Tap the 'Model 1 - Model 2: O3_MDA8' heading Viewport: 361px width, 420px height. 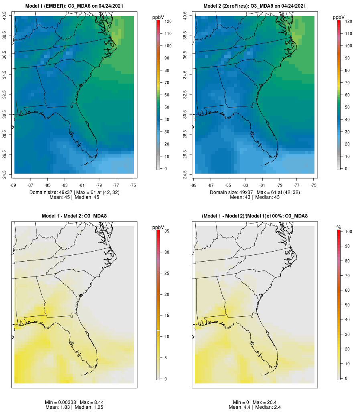click(74, 216)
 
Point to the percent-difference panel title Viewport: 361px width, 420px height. click(255, 216)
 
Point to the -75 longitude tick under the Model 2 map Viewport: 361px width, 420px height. click(314, 185)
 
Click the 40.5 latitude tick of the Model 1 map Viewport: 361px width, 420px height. click(5, 16)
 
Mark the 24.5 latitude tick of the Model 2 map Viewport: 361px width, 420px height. click(185, 174)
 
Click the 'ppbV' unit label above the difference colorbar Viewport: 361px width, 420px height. click(158, 227)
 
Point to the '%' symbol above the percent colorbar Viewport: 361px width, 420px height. click(339, 227)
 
